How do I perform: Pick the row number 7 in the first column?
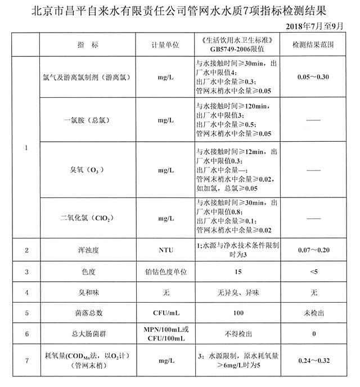click(27, 359)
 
